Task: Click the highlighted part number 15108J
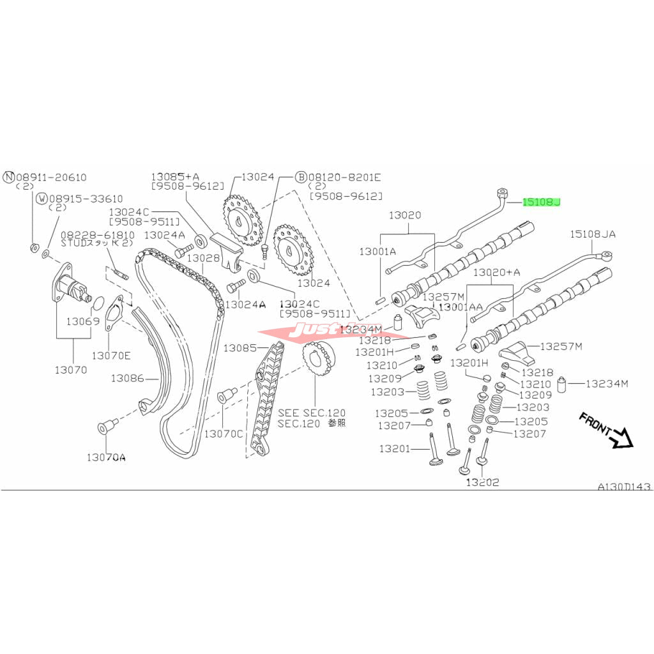(541, 202)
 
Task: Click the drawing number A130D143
(624, 487)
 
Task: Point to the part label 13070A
(107, 457)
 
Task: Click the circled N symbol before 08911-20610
(9, 177)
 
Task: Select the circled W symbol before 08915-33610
(42, 199)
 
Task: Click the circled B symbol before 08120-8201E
(300, 177)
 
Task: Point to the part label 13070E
(111, 354)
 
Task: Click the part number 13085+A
(176, 177)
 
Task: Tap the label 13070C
(224, 434)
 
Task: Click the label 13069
(82, 321)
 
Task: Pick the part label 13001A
(377, 252)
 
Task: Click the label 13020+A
(496, 272)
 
